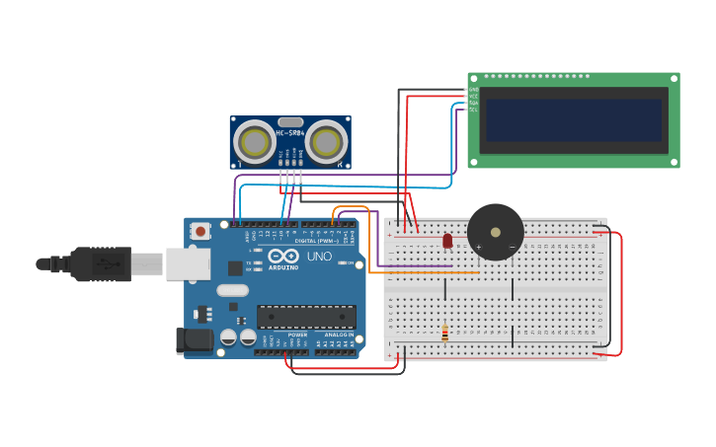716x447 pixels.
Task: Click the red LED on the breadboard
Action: pos(447,240)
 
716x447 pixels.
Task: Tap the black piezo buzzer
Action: pos(495,231)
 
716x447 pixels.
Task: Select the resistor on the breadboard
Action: pos(444,334)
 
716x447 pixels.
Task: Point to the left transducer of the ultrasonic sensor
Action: pos(255,143)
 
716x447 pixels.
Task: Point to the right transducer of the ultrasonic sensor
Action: pos(325,143)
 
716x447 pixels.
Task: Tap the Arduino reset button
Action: pos(201,232)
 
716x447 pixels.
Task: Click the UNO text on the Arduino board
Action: pos(319,256)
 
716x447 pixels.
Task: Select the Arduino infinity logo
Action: pos(283,256)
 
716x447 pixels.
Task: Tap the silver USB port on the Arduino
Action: pos(188,263)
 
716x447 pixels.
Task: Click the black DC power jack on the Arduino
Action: pos(195,340)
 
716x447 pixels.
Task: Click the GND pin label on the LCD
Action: pos(473,89)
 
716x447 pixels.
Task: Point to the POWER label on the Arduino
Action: pos(297,335)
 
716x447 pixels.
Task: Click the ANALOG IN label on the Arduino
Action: pos(339,335)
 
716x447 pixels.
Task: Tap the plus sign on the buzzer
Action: pos(479,247)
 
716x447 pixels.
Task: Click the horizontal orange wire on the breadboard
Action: pos(425,272)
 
